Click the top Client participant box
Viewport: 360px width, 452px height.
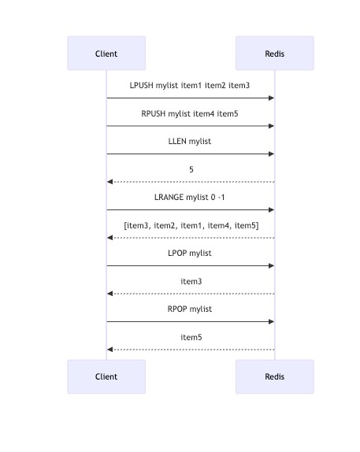[x=106, y=54]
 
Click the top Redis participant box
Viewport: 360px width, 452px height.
[x=275, y=54]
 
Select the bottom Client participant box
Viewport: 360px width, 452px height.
[x=106, y=376]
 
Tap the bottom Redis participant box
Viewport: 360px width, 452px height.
[x=275, y=376]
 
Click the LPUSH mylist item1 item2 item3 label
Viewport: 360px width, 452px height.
[x=190, y=86]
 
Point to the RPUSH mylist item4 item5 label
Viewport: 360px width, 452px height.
[x=190, y=113]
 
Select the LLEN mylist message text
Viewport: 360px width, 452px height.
[x=190, y=141]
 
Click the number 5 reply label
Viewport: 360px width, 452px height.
[x=191, y=169]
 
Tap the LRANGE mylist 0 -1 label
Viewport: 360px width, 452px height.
[x=190, y=197]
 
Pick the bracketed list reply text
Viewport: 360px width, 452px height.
[x=191, y=225]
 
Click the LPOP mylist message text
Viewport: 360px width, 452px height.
[x=190, y=253]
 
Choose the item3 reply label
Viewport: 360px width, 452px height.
[x=191, y=281]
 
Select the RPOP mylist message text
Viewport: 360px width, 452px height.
[x=190, y=309]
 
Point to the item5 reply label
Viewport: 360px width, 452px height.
[x=191, y=337]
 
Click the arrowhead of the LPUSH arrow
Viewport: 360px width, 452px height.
[x=272, y=98]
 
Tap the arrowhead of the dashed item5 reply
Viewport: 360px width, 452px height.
[x=110, y=350]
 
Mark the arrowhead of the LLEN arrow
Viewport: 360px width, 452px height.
[x=272, y=154]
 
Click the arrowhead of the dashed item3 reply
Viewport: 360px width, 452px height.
[x=110, y=294]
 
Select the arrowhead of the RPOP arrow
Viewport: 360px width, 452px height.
[x=272, y=321]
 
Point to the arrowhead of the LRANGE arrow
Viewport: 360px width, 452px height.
[x=272, y=209]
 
